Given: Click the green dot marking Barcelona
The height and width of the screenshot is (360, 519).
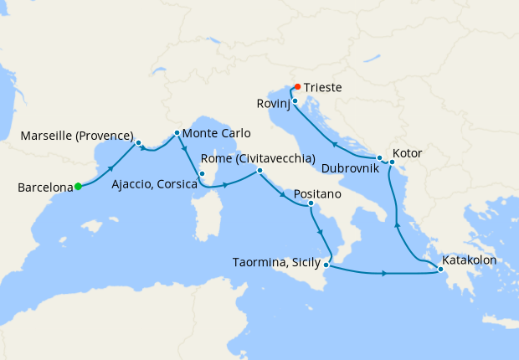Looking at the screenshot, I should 78,187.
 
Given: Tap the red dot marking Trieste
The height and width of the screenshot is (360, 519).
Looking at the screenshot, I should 297,86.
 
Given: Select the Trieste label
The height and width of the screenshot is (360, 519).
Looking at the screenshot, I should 324,87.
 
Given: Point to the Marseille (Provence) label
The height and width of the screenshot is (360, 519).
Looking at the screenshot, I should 78,136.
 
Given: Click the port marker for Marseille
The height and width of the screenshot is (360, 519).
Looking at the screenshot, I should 138,142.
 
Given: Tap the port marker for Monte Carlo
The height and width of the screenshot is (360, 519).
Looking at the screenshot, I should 177,133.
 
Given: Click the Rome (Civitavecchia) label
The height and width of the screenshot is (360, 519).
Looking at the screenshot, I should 258,158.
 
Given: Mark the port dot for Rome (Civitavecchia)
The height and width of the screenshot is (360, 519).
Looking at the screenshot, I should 259,171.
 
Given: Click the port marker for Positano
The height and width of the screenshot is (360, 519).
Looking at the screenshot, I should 311,203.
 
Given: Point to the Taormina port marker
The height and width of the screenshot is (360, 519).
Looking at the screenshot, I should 327,265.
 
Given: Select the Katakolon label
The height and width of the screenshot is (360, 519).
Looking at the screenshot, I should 471,260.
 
